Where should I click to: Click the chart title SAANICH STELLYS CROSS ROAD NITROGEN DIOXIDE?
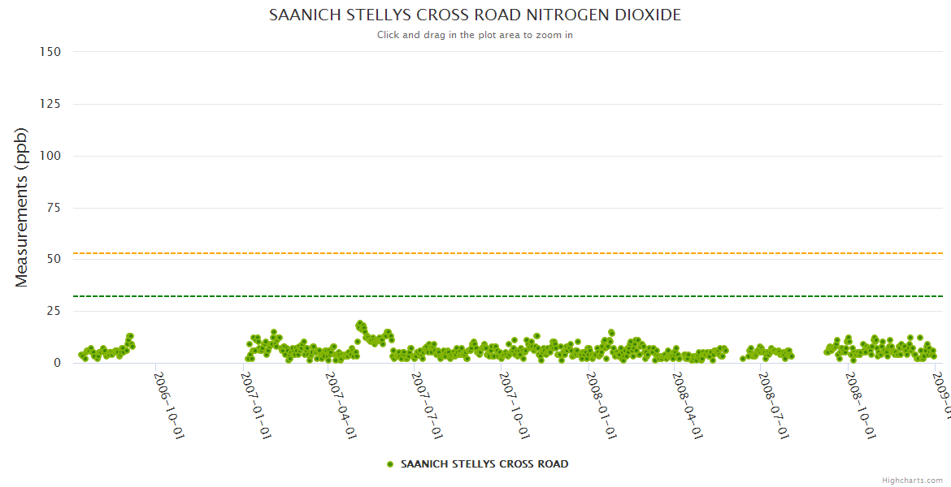click(475, 15)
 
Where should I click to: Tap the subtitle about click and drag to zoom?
click(475, 35)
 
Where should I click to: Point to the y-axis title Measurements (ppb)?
click(22, 207)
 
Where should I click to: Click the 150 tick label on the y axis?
click(50, 52)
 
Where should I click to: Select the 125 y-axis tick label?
click(50, 104)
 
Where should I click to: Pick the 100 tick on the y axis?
click(50, 156)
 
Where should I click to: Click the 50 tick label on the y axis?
click(54, 260)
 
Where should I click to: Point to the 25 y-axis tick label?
click(54, 312)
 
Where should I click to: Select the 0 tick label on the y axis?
click(57, 364)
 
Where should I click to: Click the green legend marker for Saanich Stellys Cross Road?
click(390, 464)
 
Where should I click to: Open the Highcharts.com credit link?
click(912, 481)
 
